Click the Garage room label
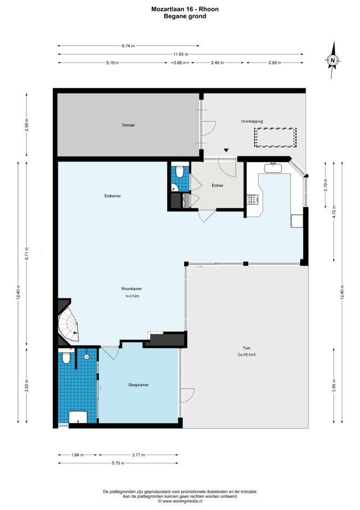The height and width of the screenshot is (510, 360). pyautogui.click(x=128, y=125)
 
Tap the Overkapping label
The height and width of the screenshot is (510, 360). pyautogui.click(x=252, y=122)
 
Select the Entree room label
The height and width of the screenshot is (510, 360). pyautogui.click(x=218, y=185)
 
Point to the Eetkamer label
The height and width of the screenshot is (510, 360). pyautogui.click(x=113, y=196)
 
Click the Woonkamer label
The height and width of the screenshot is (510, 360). pyautogui.click(x=132, y=288)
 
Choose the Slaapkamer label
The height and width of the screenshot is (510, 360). pyautogui.click(x=138, y=385)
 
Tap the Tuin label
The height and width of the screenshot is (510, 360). pyautogui.click(x=247, y=348)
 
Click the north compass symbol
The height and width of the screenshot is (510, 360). pyautogui.click(x=332, y=60)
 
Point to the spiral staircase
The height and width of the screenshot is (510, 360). pyautogui.click(x=69, y=324)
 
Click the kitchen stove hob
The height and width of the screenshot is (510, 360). pyautogui.click(x=252, y=199)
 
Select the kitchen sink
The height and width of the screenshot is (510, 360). pyautogui.click(x=273, y=168)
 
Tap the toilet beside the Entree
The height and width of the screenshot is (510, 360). pyautogui.click(x=179, y=172)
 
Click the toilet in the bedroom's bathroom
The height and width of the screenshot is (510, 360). pyautogui.click(x=66, y=357)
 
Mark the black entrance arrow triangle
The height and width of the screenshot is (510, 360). pyautogui.click(x=226, y=150)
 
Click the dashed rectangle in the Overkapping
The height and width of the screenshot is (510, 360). pyautogui.click(x=275, y=138)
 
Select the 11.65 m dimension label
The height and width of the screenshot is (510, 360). pyautogui.click(x=181, y=55)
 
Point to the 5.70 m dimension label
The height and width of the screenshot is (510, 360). pyautogui.click(x=118, y=463)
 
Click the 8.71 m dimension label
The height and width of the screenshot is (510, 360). pyautogui.click(x=26, y=254)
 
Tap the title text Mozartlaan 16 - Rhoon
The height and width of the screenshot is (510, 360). pyautogui.click(x=185, y=9)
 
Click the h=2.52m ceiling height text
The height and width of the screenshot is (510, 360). pyautogui.click(x=132, y=296)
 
